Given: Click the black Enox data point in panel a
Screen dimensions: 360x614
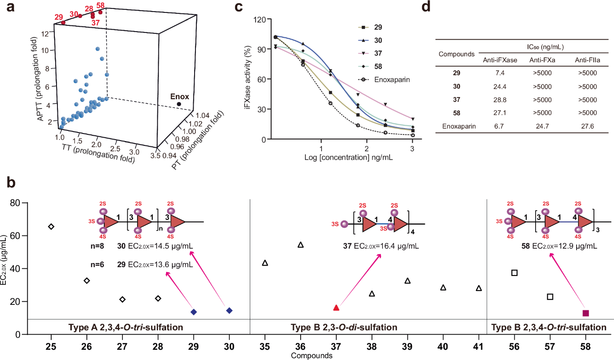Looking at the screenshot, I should click(179, 104).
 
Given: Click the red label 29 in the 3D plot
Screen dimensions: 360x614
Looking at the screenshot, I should click(58, 17).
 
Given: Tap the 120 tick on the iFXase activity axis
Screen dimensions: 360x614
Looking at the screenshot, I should click(260, 20).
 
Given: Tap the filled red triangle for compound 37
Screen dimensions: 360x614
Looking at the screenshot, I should click(336, 308).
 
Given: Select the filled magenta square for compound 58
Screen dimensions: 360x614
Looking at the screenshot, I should click(586, 313).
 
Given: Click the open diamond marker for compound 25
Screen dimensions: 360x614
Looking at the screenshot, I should click(51, 227).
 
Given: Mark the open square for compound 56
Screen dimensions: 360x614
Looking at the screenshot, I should click(515, 272).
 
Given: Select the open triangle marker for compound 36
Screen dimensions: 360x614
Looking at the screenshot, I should click(301, 245).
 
